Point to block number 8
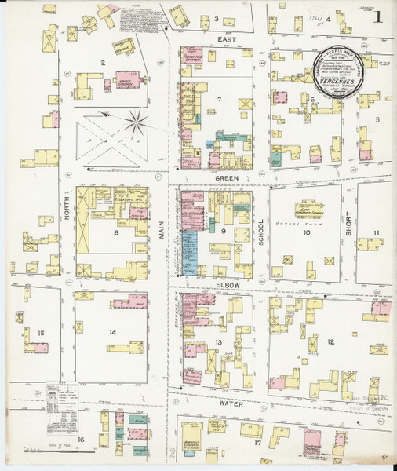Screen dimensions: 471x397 116,232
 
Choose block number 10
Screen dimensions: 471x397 307,232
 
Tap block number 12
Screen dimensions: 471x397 332,341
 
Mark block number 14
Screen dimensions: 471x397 113,333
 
